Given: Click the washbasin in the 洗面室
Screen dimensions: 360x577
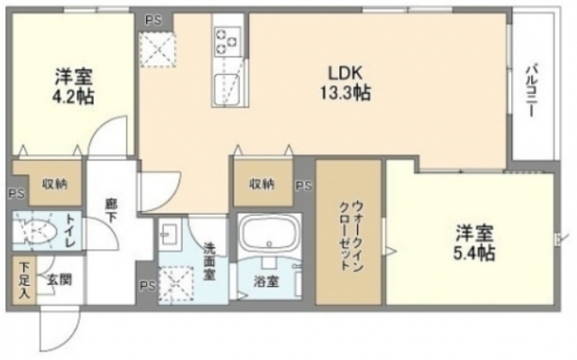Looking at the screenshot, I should coord(170,236).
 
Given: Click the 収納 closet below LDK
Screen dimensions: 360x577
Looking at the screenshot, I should coord(261,184).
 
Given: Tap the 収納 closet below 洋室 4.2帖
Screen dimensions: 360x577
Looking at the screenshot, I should coord(53,184).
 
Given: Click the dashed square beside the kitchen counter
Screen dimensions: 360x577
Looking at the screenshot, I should coord(160,47).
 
